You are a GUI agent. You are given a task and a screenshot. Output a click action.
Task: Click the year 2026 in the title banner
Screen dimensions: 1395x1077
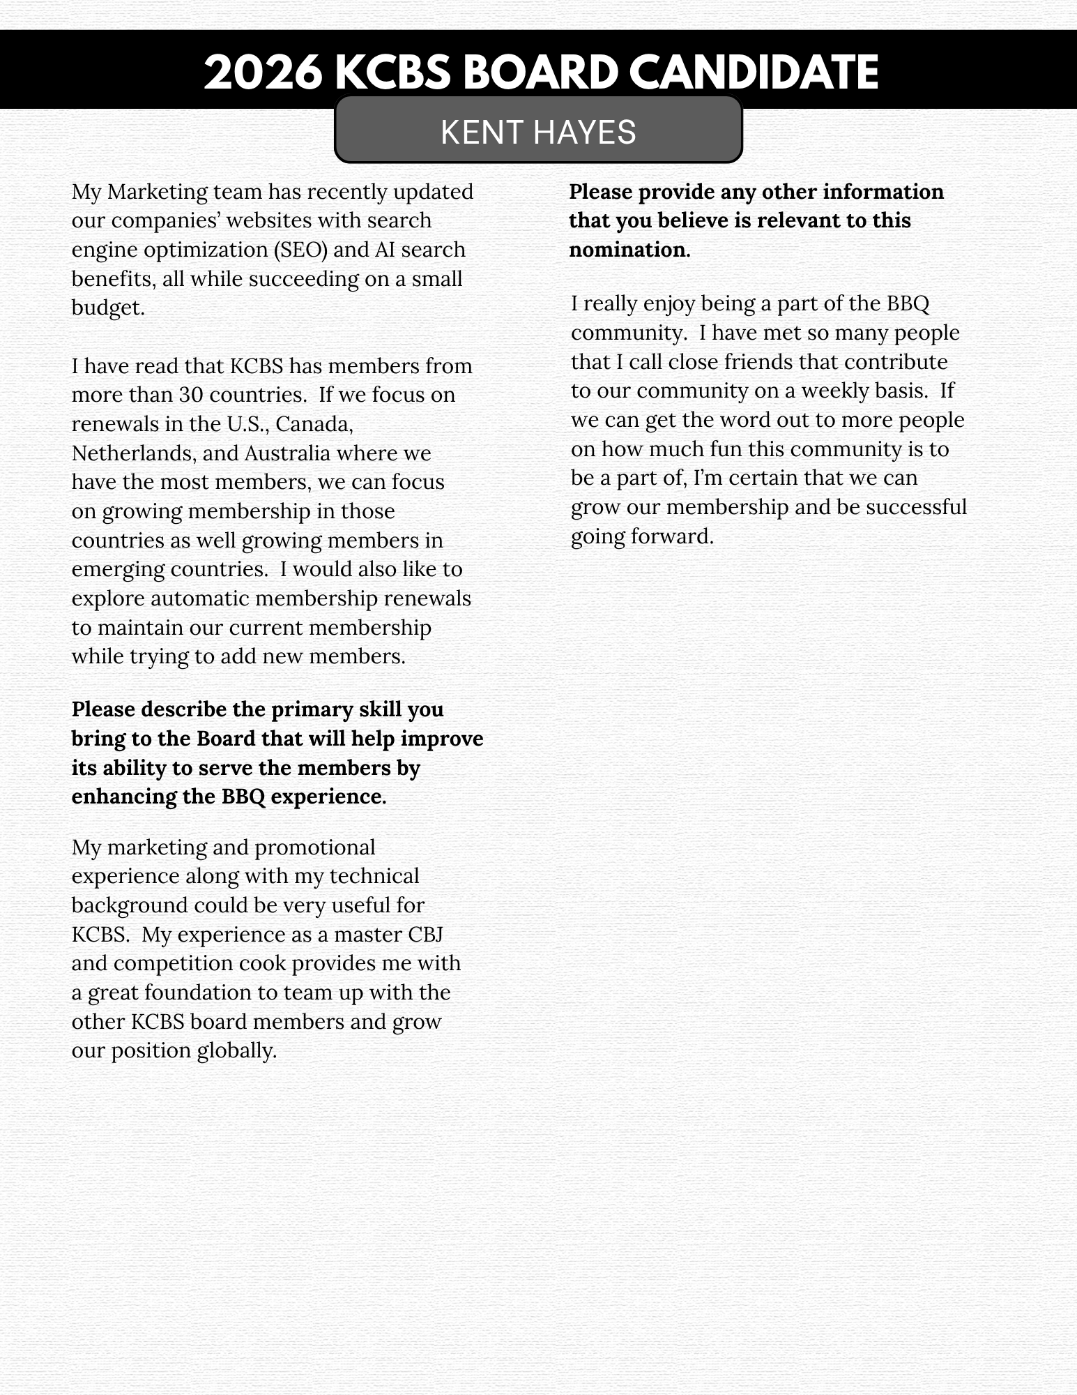click(262, 72)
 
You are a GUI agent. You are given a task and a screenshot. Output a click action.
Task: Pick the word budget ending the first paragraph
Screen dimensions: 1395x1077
click(107, 308)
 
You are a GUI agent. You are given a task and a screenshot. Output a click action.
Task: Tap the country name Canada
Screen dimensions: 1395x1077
click(314, 424)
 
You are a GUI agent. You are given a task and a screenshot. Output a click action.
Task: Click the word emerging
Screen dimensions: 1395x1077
click(117, 569)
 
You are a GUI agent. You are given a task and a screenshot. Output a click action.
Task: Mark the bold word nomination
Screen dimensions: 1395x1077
click(628, 250)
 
